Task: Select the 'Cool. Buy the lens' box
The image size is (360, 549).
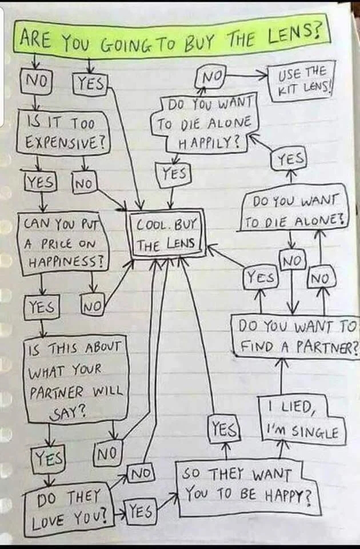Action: tap(167, 234)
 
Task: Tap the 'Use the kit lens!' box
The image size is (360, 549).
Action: tap(303, 81)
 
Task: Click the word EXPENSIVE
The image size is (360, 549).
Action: tap(66, 142)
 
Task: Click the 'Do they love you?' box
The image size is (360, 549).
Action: tap(69, 509)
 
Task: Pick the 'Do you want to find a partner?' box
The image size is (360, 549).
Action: tap(295, 336)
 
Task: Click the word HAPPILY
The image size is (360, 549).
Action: tap(210, 142)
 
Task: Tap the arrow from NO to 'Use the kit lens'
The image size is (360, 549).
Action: tap(247, 74)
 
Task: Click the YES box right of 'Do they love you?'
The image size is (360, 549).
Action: tap(141, 512)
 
